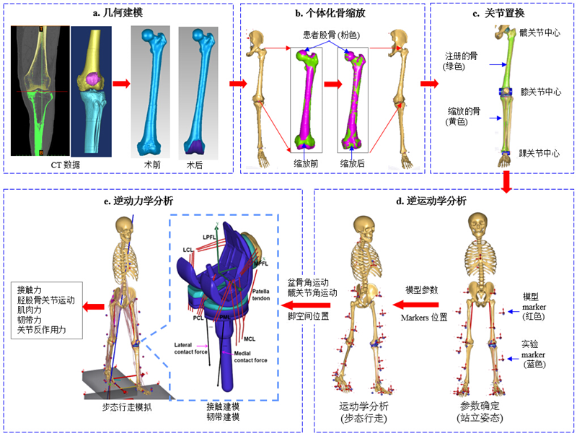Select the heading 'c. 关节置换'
tap(502, 12)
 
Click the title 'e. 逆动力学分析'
tap(143, 200)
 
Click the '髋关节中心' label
tap(539, 32)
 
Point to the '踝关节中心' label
tap(539, 154)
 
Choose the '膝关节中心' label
tap(539, 92)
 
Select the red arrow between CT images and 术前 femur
tap(120, 84)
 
